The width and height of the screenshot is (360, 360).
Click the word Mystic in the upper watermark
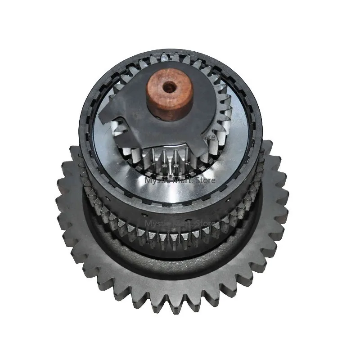pyautogui.click(x=156, y=180)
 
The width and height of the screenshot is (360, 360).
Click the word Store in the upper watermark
pyautogui.click(x=204, y=180)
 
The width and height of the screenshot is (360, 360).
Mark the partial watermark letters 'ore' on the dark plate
pyautogui.click(x=208, y=135)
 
